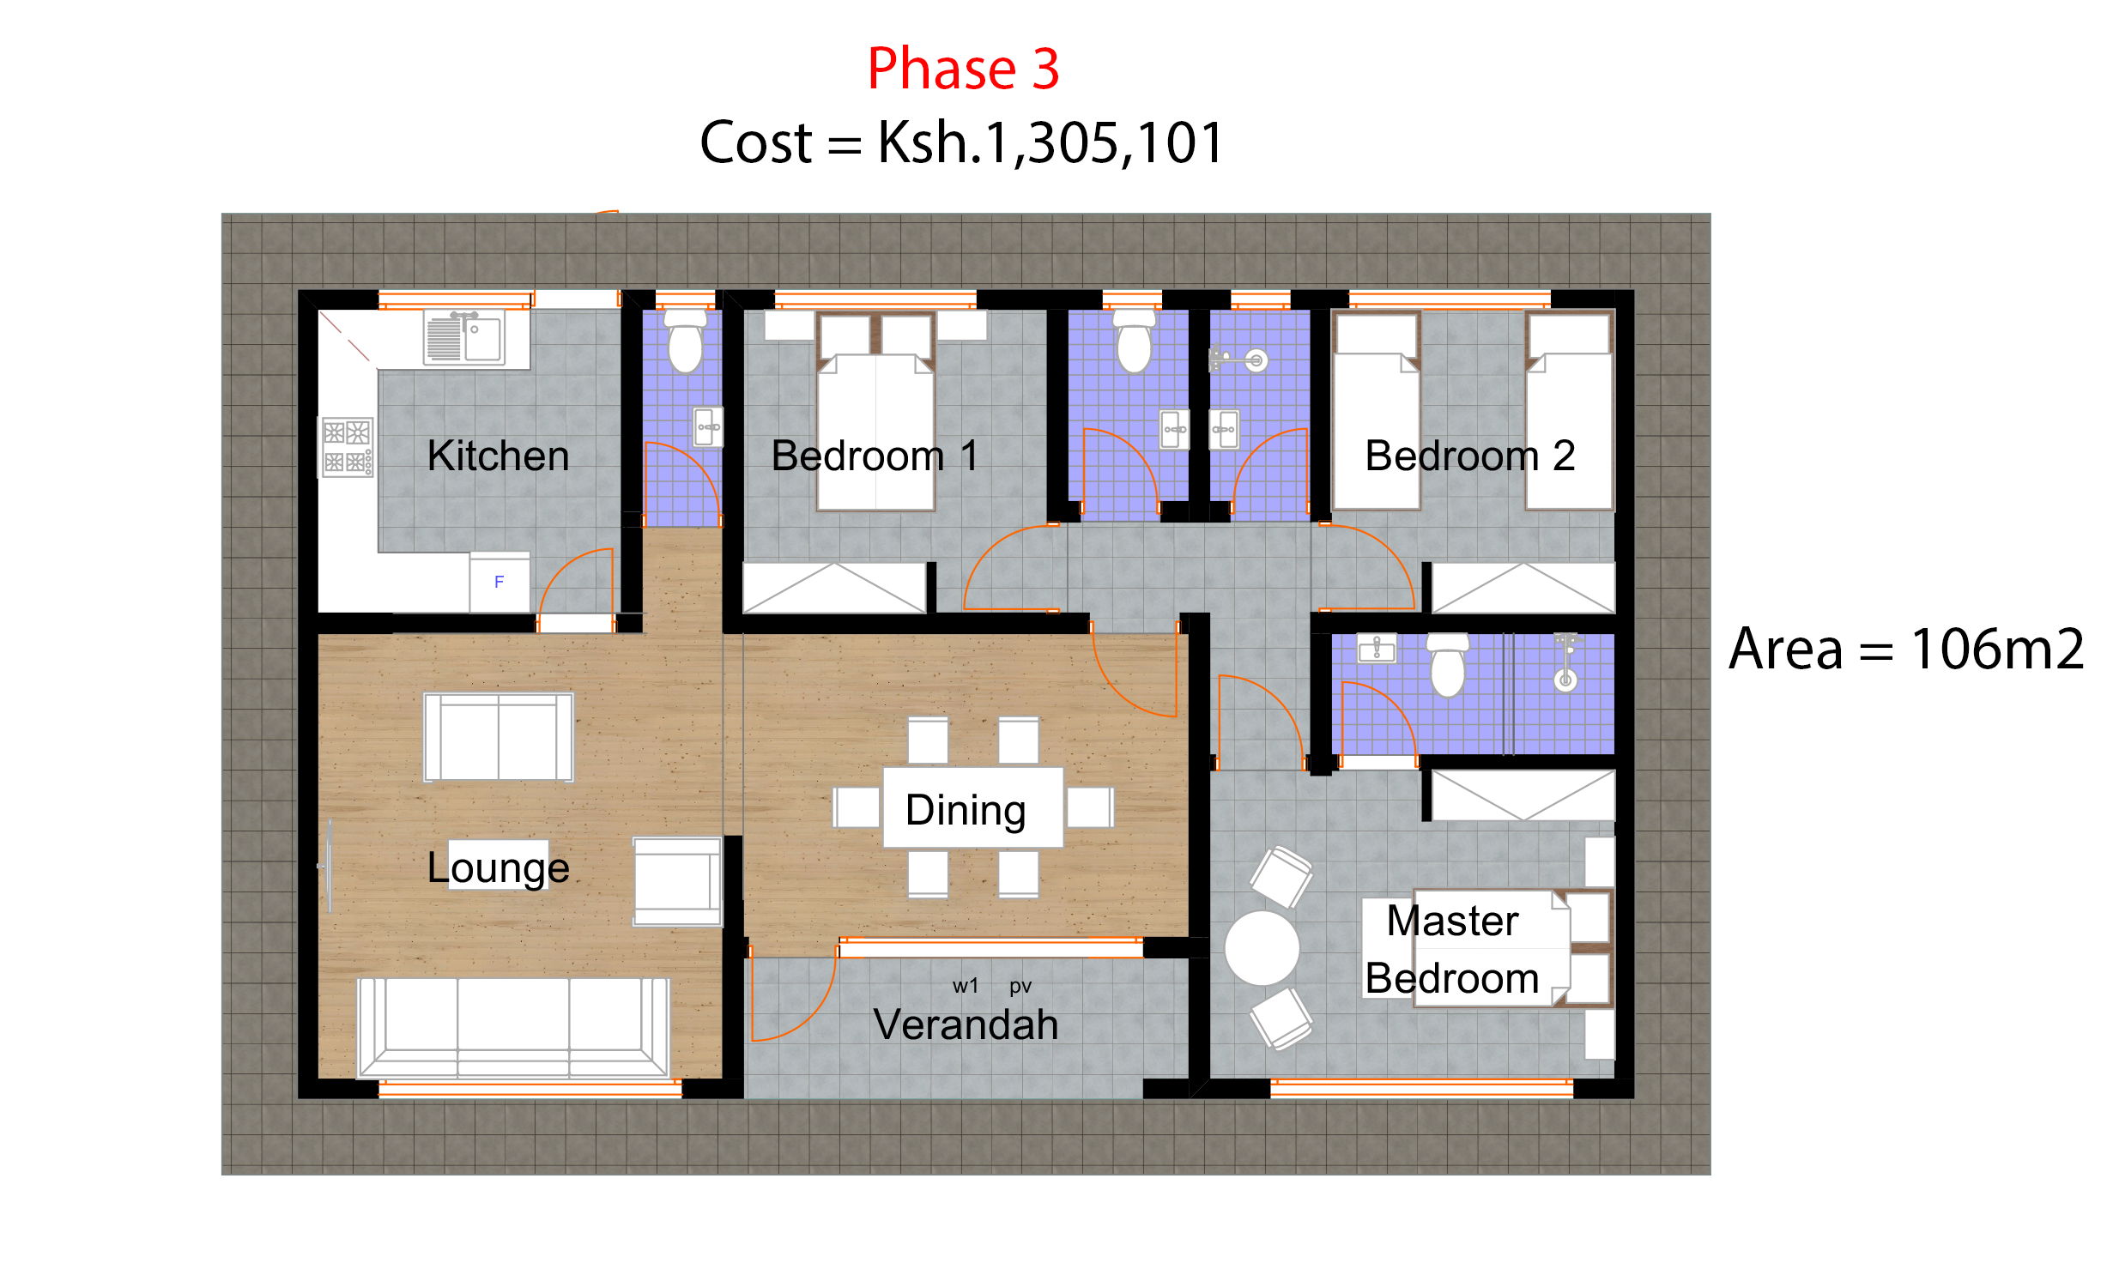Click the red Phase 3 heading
tap(963, 69)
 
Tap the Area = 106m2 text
tap(1905, 649)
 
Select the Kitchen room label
tap(498, 456)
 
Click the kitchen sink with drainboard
tap(464, 338)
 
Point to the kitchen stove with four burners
tap(347, 447)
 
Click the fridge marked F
tap(499, 583)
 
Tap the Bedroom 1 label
tap(874, 456)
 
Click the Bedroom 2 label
tap(1469, 456)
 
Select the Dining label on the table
tap(966, 810)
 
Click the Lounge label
tap(498, 867)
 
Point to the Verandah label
tap(966, 1024)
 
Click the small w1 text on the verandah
tap(965, 987)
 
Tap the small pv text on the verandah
tap(1020, 987)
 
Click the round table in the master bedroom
tap(1262, 948)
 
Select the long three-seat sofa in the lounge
tap(513, 1027)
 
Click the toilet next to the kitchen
tap(685, 343)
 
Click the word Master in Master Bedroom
tap(1452, 921)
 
